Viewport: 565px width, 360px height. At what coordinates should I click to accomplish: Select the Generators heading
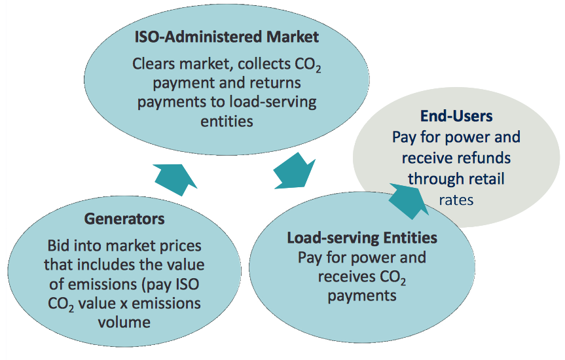pos(124,218)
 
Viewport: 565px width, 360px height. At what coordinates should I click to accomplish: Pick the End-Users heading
pos(456,117)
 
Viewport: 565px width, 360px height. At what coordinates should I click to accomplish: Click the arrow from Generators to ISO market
pos(175,176)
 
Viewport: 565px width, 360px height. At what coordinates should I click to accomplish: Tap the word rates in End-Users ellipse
pos(457,200)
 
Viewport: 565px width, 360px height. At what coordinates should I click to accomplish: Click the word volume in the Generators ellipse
pos(124,322)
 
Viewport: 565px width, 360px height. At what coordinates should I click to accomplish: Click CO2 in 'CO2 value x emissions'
pos(62,304)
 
